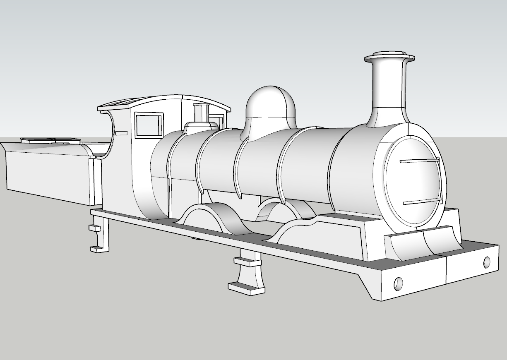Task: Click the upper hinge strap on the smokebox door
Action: (419, 161)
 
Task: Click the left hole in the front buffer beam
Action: (398, 283)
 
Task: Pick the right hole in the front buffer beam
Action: (487, 262)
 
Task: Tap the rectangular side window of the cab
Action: (149, 125)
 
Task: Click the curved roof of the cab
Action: (166, 101)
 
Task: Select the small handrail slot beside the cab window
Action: (121, 133)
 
